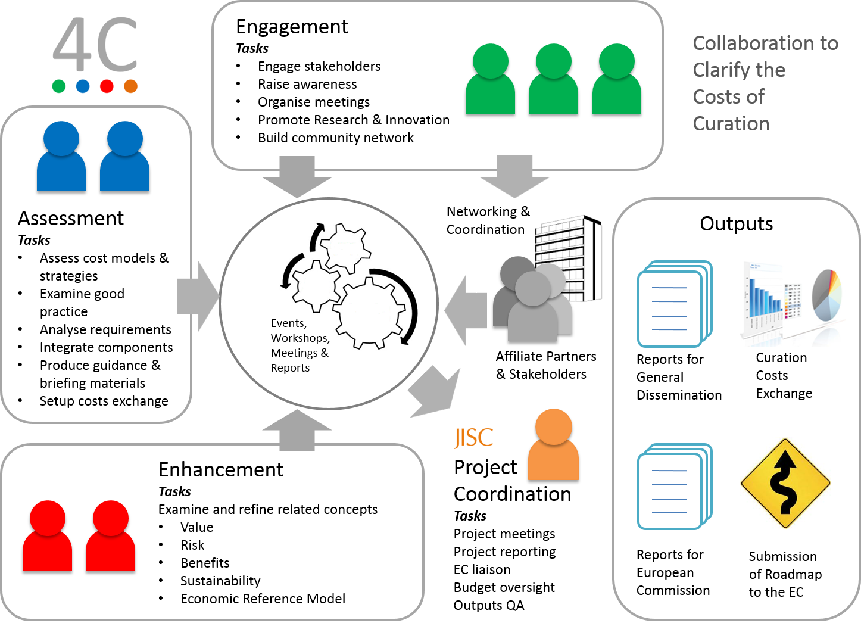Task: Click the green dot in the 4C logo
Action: tap(59, 86)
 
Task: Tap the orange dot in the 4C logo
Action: tap(131, 86)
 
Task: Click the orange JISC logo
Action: tap(473, 438)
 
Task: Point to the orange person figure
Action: tap(553, 446)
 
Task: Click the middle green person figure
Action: tap(553, 79)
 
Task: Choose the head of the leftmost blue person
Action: tap(61, 138)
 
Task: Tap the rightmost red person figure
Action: tap(111, 537)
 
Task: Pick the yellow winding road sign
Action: tap(785, 483)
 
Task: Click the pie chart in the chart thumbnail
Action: tap(828, 295)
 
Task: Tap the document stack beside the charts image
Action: tap(674, 304)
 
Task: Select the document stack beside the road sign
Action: tap(674, 487)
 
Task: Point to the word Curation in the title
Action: tap(731, 124)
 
